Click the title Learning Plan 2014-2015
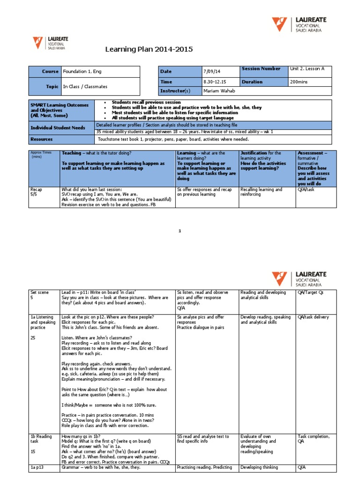(x=148, y=50)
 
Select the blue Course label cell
(x=45, y=72)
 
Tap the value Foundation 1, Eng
(x=82, y=72)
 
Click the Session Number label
(x=261, y=69)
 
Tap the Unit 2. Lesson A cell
(x=307, y=69)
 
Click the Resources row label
(x=42, y=139)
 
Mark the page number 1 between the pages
(x=180, y=231)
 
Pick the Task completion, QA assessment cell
(x=313, y=439)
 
